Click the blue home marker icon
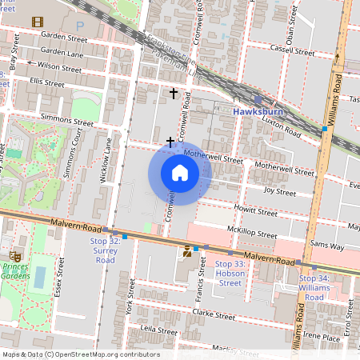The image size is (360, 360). pos(180,173)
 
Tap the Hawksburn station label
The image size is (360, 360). pos(259,111)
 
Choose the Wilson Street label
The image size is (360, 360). pos(59,69)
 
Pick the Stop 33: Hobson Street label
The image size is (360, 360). pos(230,273)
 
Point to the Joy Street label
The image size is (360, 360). pos(280,192)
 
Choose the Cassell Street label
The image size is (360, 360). pos(292,49)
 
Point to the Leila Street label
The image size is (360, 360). pos(158,330)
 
